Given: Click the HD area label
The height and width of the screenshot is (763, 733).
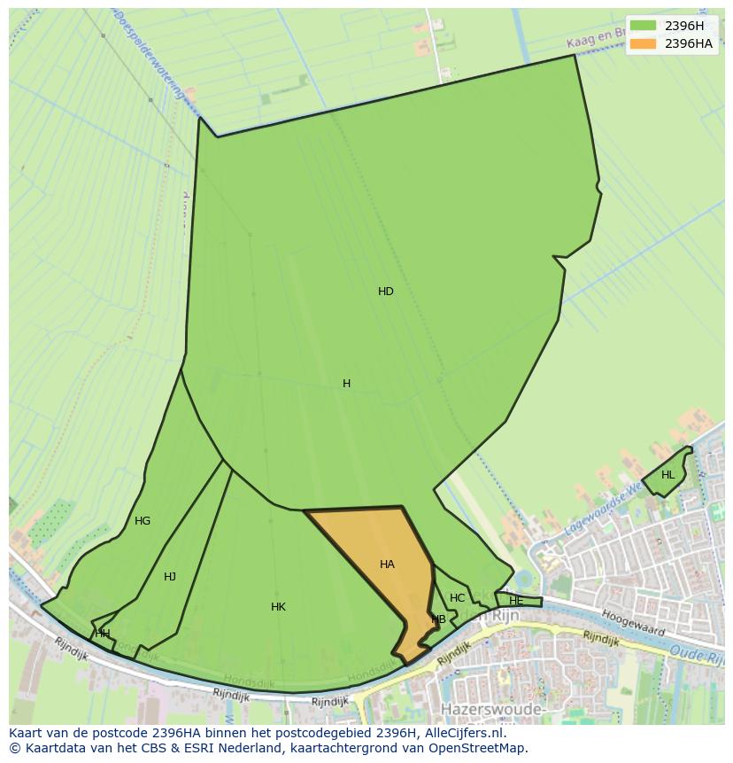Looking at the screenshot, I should pyautogui.click(x=386, y=292).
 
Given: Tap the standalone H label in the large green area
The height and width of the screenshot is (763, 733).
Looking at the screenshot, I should pyautogui.click(x=346, y=384).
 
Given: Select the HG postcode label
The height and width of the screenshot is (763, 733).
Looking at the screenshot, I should pyautogui.click(x=143, y=521).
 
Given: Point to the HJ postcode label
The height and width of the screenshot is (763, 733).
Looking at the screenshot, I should pyautogui.click(x=170, y=577).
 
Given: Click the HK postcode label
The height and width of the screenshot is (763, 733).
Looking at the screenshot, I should pyautogui.click(x=278, y=607).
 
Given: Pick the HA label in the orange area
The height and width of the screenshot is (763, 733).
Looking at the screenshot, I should pyautogui.click(x=387, y=564).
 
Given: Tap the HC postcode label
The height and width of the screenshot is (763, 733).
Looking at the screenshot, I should pyautogui.click(x=457, y=598).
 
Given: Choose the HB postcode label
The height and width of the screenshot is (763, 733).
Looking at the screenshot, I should pyautogui.click(x=438, y=619).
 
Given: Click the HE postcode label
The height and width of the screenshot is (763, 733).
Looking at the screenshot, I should pyautogui.click(x=516, y=601).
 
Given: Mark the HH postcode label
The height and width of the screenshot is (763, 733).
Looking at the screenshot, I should pyautogui.click(x=103, y=634).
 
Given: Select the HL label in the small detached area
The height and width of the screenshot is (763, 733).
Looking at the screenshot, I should pyautogui.click(x=667, y=475).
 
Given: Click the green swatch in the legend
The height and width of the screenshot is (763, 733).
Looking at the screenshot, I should pyautogui.click(x=644, y=26).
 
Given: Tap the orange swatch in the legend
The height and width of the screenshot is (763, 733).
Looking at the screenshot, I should pyautogui.click(x=644, y=43).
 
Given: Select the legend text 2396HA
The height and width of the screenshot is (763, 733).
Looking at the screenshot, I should pyautogui.click(x=688, y=43).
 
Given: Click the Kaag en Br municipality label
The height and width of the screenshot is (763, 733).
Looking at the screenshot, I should pyautogui.click(x=602, y=38).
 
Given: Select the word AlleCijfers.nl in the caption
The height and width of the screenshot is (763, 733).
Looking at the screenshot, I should pyautogui.click(x=459, y=733).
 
